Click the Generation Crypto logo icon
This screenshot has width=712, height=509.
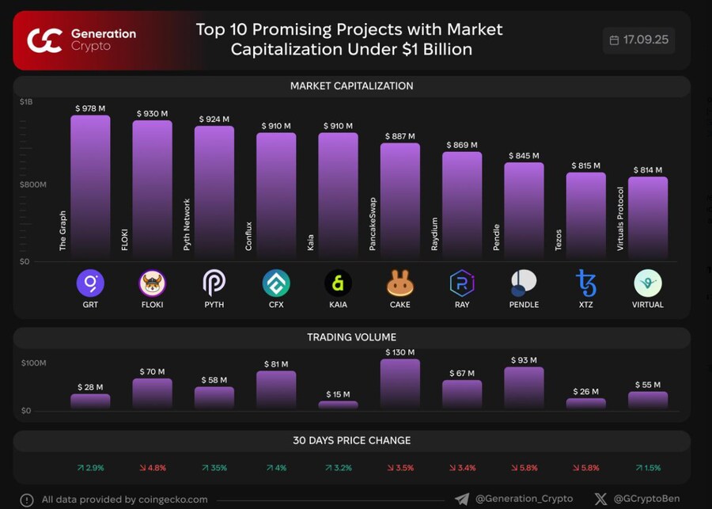46,40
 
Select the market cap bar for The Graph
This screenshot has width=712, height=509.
90,186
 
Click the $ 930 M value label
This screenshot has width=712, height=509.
152,114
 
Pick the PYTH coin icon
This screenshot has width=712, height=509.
214,283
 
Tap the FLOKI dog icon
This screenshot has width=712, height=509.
152,283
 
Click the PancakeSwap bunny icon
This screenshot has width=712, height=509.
400,283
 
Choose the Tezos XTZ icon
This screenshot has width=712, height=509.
586,283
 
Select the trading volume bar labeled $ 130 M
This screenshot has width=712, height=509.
400,384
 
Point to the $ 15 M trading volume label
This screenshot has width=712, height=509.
338,394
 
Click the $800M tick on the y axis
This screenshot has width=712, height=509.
33,184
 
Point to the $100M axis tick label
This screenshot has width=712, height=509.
33,363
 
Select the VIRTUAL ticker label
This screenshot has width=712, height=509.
648,304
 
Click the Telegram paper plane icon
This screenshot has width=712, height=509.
462,500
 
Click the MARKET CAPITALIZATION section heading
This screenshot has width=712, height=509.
351,85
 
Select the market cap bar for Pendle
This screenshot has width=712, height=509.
524,210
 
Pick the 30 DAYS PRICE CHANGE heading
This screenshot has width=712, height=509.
351,440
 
